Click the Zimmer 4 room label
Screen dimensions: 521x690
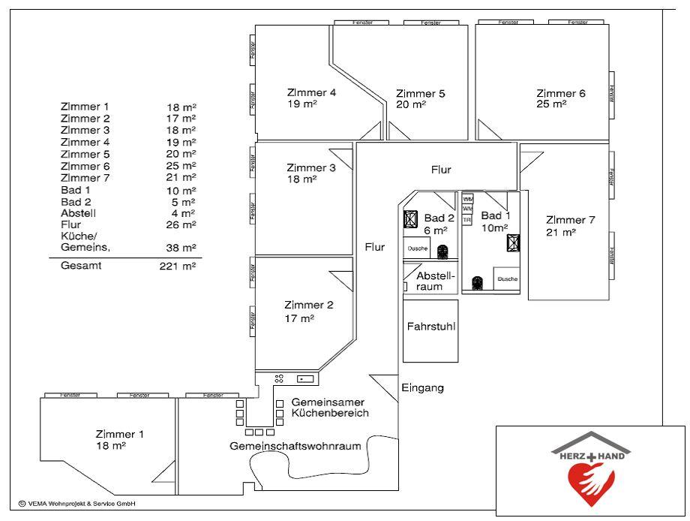click(x=311, y=93)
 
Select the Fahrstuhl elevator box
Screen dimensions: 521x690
click(x=430, y=328)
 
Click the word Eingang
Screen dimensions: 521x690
click(x=423, y=388)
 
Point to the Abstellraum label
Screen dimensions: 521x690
click(x=435, y=281)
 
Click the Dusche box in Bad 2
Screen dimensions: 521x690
click(x=417, y=248)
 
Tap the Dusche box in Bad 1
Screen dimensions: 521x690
click(x=507, y=279)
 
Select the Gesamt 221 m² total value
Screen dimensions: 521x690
click(x=178, y=266)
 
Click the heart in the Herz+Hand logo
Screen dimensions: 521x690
click(x=591, y=481)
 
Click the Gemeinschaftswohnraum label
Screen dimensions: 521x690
click(x=295, y=446)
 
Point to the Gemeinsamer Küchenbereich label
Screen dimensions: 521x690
click(x=330, y=408)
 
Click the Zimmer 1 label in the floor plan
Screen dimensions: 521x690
click(x=120, y=434)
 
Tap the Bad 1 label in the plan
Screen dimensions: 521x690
click(x=496, y=216)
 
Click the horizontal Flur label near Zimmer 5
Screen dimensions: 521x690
click(x=441, y=170)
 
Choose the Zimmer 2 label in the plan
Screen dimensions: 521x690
click(x=309, y=305)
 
